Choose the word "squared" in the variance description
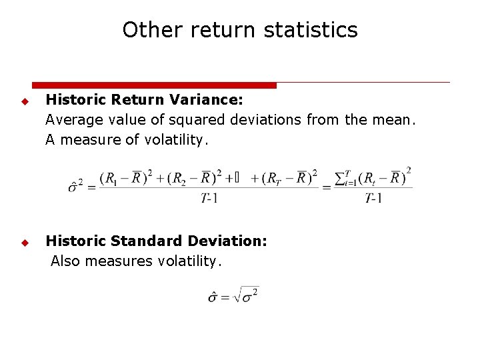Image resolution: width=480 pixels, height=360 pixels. (199, 121)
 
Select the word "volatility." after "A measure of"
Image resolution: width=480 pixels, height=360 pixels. (177, 141)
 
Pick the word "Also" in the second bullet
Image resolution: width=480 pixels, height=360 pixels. (65, 261)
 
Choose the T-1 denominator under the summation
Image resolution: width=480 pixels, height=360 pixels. (373, 198)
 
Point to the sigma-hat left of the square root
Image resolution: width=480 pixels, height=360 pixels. (213, 296)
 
